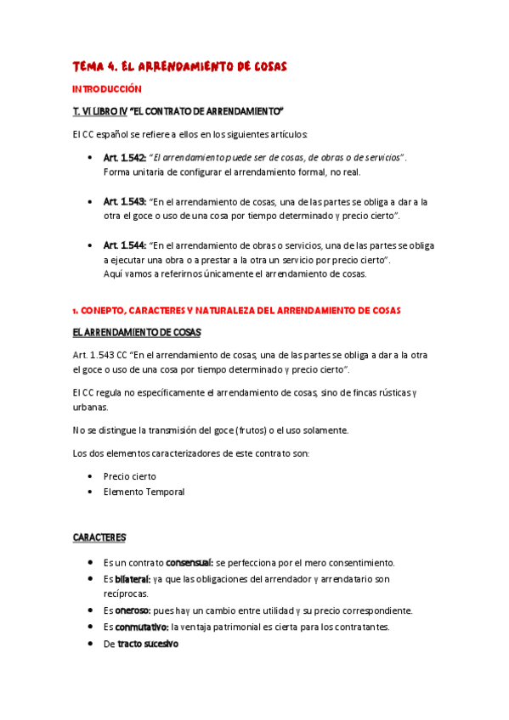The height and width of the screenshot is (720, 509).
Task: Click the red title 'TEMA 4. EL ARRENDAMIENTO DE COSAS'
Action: (x=180, y=65)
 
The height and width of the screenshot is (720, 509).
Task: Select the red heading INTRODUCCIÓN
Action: (x=106, y=88)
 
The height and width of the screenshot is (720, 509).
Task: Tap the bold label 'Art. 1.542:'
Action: (x=125, y=158)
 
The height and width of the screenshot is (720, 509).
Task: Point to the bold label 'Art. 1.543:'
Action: (x=125, y=202)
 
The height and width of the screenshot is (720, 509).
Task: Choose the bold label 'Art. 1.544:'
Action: (x=125, y=245)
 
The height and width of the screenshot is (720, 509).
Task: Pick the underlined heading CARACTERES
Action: (x=99, y=537)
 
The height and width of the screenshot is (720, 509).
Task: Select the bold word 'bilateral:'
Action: (x=133, y=579)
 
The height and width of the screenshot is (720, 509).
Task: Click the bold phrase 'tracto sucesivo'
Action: (x=148, y=644)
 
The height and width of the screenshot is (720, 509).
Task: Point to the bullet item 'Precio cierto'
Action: (x=130, y=476)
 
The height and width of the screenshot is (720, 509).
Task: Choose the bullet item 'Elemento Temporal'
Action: (x=144, y=492)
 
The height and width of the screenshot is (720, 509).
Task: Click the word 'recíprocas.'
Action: (x=126, y=593)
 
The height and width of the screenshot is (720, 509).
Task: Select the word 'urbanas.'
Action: (x=90, y=407)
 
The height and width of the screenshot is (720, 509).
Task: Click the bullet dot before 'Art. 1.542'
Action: (x=90, y=158)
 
